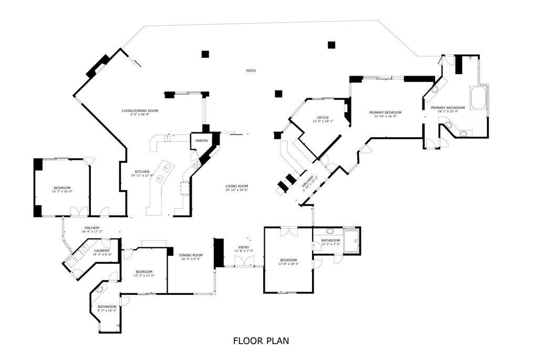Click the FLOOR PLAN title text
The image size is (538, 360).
[x=261, y=341]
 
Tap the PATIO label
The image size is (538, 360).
[x=251, y=70]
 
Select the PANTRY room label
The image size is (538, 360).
[x=202, y=141]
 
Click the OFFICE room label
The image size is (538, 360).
[x=323, y=117]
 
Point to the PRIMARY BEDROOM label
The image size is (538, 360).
[x=385, y=112]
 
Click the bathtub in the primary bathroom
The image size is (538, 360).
[x=479, y=98]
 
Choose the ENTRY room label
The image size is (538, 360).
[x=244, y=247]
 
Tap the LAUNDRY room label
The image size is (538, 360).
[x=102, y=251]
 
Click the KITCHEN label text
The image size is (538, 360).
[x=142, y=172]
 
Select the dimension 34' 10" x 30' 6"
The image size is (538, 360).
[x=237, y=190]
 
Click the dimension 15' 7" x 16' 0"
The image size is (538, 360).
[x=62, y=192]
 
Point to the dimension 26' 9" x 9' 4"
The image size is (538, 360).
[x=190, y=259]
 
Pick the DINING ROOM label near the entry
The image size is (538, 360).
[x=190, y=255]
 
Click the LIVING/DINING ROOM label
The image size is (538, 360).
[x=140, y=111]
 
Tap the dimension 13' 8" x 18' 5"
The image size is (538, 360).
[x=288, y=264]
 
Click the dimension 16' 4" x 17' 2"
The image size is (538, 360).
[x=92, y=232]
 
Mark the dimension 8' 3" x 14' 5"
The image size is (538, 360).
[x=107, y=311]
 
